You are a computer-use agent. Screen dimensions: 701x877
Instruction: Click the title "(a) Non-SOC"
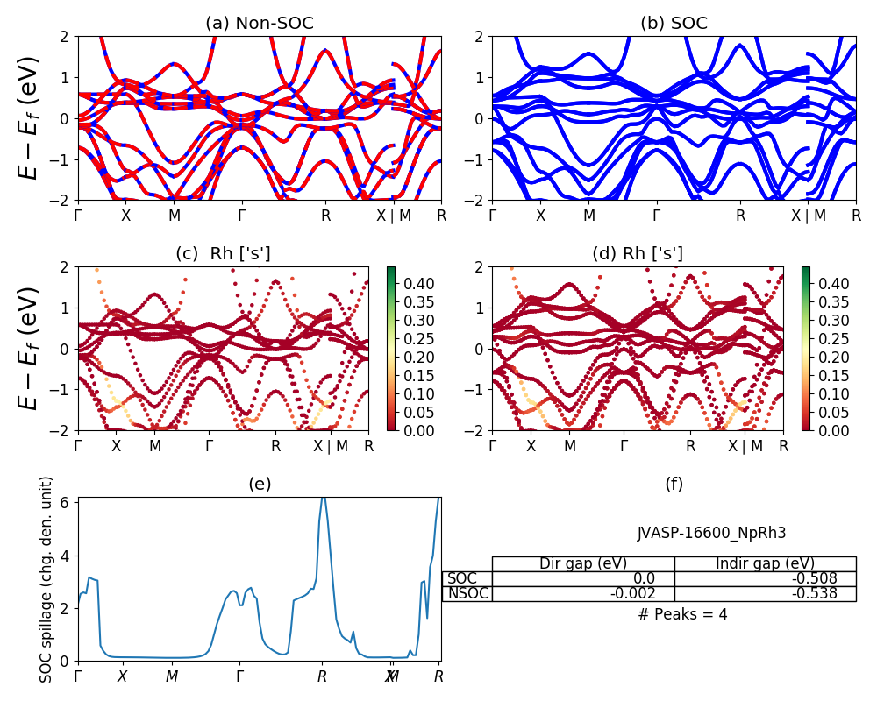(x=260, y=24)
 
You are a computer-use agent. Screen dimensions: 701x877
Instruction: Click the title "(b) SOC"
(x=674, y=24)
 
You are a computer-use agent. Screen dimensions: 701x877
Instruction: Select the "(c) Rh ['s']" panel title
(x=223, y=254)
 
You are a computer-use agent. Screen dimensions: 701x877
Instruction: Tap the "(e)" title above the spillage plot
(x=260, y=484)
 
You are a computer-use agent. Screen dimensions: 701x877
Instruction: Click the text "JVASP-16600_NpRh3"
(x=711, y=533)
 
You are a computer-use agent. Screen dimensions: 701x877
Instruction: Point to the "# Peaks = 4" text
(x=682, y=614)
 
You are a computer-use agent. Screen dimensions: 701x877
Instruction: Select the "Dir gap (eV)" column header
(x=583, y=563)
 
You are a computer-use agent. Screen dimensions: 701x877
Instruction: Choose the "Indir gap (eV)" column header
(x=765, y=563)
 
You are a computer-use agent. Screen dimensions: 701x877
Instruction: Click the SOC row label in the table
(x=462, y=578)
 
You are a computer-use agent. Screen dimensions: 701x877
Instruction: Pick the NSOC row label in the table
(x=468, y=593)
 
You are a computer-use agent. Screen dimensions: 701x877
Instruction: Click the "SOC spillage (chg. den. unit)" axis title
(x=47, y=579)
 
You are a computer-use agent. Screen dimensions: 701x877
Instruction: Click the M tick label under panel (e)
(x=172, y=676)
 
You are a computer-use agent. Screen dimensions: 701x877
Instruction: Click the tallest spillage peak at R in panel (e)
(x=323, y=498)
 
